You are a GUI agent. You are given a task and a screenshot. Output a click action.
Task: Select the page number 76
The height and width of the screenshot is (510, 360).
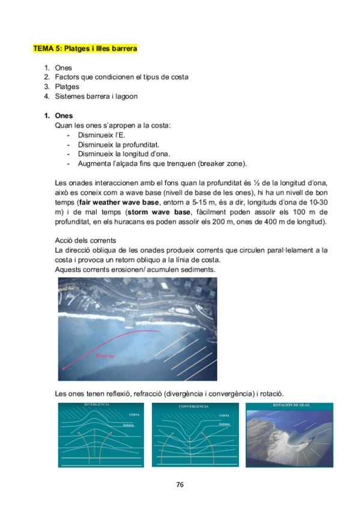180,485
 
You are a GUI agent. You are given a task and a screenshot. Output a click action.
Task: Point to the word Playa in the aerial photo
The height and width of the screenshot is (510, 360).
157,319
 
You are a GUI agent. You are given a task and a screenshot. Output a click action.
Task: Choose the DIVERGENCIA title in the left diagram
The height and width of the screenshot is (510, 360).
97,405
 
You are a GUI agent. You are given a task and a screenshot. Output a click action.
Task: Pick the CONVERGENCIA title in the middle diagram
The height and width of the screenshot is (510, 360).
194,407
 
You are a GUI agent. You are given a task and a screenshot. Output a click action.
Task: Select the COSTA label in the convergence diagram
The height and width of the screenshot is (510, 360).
224,416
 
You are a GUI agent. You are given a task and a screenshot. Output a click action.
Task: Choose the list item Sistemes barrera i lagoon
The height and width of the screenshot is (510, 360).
96,96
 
